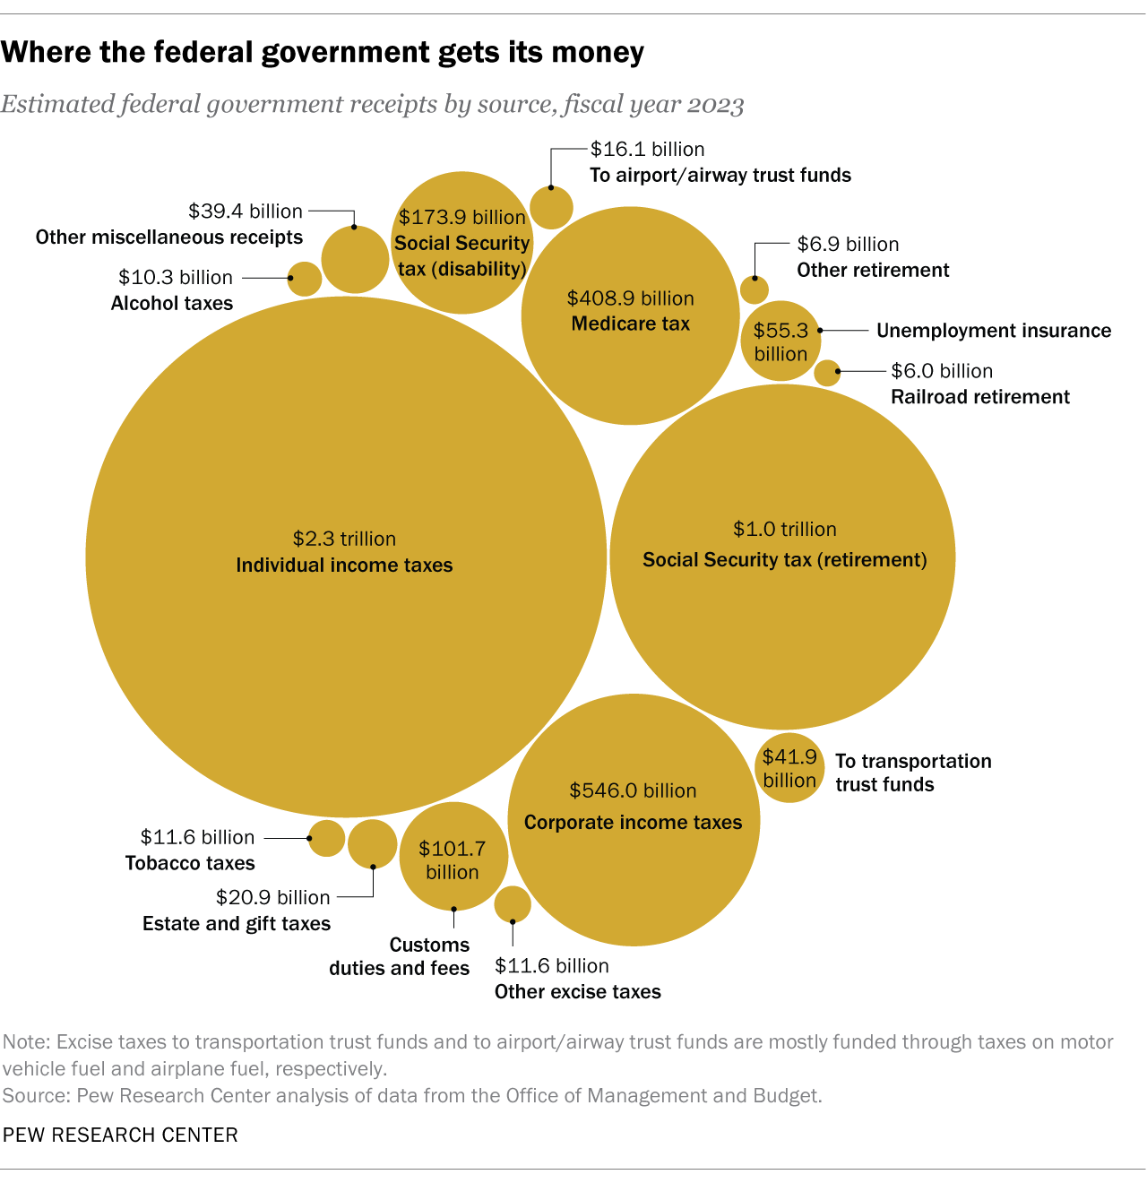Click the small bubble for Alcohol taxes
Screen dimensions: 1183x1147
305,279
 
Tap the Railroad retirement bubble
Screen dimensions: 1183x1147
827,373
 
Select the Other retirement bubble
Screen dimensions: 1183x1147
755,289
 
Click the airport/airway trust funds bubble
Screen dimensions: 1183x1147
551,208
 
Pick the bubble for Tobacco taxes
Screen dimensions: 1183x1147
326,838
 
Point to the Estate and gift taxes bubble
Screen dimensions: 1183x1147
372,844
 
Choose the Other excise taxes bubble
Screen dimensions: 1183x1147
513,904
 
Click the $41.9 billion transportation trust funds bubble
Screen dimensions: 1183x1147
789,768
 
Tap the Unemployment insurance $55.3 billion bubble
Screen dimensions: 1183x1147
780,341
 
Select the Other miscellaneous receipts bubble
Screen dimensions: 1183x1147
355,260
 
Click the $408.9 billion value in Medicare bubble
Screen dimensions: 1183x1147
631,298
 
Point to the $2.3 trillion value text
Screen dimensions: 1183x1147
344,539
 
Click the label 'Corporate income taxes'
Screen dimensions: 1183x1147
633,823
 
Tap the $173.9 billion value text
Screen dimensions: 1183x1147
462,217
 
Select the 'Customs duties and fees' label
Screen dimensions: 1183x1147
400,956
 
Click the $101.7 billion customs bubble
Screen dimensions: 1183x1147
453,857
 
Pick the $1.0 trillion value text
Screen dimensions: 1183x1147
785,529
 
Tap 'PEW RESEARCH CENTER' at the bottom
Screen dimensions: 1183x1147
121,1135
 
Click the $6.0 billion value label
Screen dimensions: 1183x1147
942,371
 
